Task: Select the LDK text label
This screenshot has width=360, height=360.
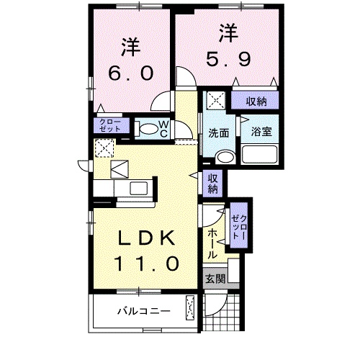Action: point(147,238)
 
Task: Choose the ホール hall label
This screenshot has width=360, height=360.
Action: point(212,245)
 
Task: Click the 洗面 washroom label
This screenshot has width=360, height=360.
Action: point(218,133)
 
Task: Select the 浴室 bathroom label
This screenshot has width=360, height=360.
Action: point(261,132)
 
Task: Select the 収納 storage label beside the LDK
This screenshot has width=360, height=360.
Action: point(213,184)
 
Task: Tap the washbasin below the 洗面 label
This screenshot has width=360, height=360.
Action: point(225,156)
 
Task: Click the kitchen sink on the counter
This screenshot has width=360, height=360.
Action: point(137,189)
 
